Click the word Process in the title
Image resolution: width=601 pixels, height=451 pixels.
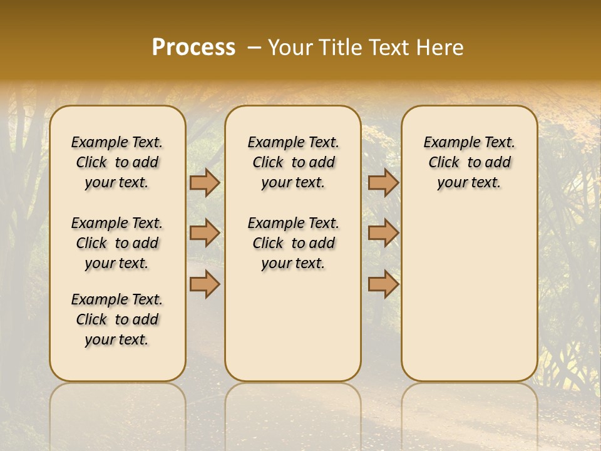(193, 48)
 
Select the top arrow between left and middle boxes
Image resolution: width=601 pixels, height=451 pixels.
(204, 182)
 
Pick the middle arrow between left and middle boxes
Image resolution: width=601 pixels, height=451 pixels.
(204, 233)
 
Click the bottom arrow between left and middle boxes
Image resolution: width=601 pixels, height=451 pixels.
(204, 284)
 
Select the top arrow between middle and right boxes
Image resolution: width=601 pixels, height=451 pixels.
(383, 182)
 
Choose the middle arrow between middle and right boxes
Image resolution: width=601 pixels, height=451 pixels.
(383, 233)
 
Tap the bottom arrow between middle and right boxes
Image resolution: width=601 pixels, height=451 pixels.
(383, 284)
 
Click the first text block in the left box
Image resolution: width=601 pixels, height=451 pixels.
(117, 162)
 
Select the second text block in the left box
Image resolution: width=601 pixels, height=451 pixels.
(117, 243)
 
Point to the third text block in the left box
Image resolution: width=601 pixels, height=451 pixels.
(117, 319)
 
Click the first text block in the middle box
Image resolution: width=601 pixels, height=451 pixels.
(294, 162)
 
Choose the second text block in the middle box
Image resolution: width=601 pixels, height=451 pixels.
(294, 243)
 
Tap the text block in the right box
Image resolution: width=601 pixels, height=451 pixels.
(470, 162)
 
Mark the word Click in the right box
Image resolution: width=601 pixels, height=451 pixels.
(444, 162)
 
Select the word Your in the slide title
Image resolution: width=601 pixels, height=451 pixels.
(290, 48)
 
